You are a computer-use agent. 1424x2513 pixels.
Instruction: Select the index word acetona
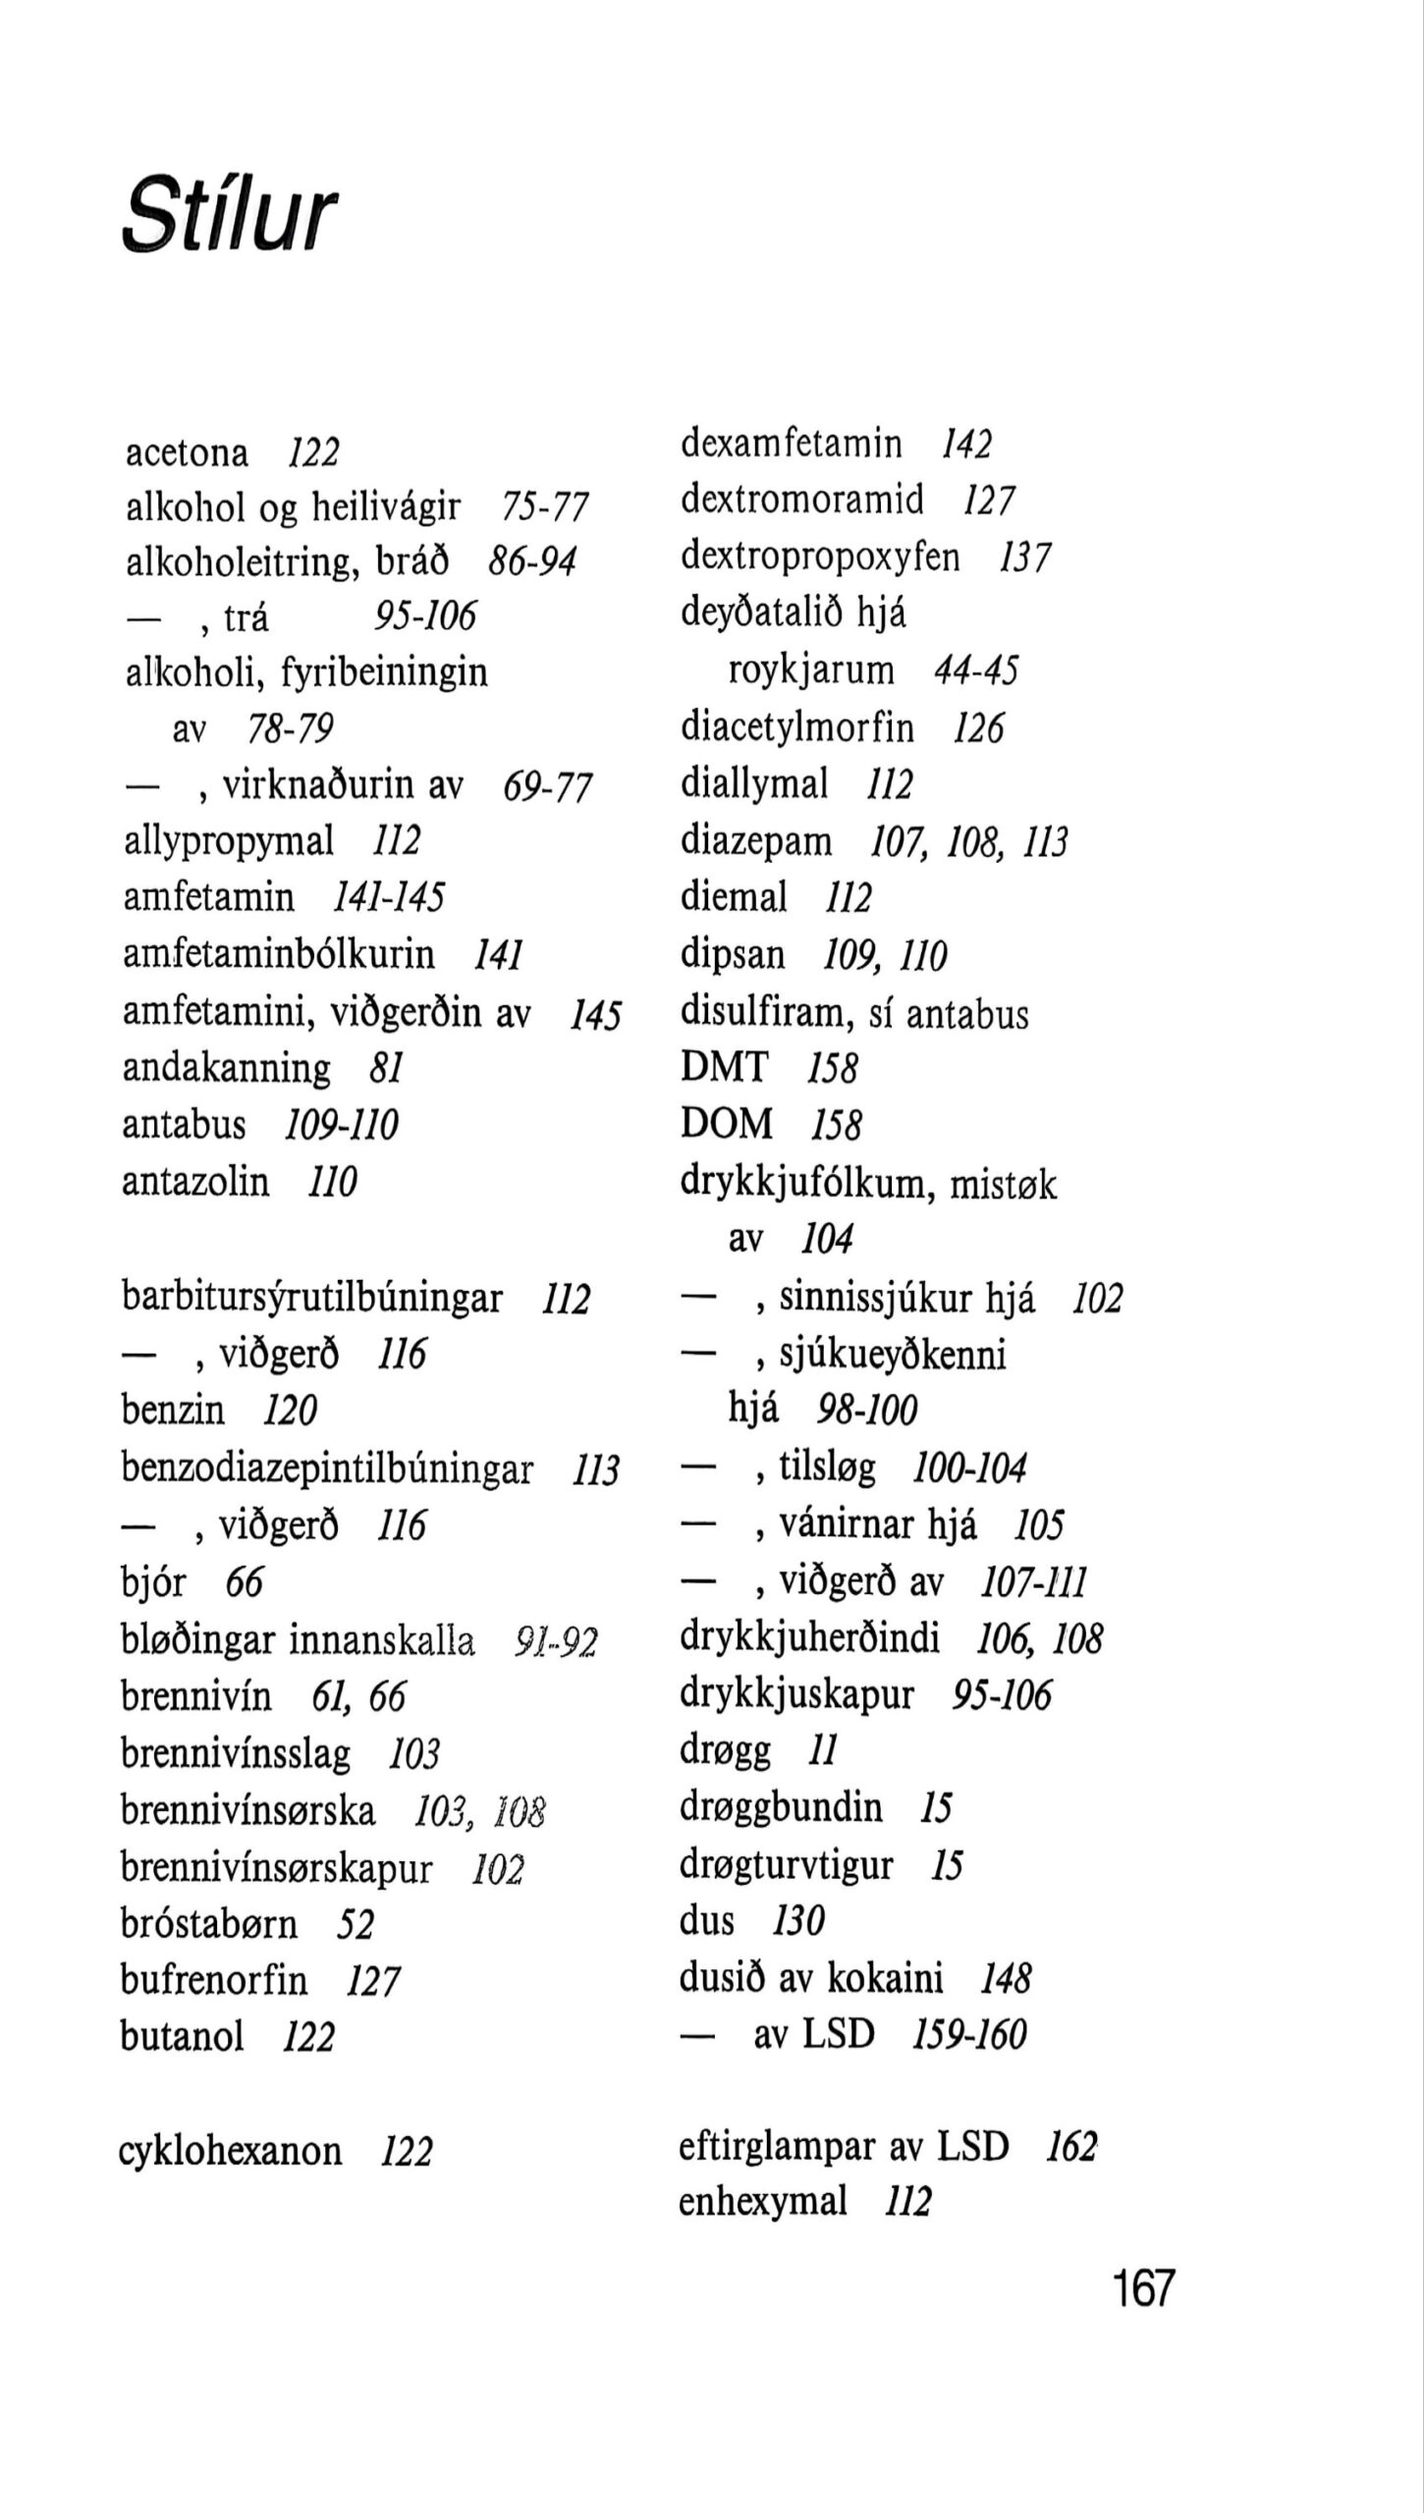[x=187, y=454]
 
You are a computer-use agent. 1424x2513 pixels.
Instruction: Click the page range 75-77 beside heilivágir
[x=544, y=508]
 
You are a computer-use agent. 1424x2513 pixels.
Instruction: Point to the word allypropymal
[x=229, y=841]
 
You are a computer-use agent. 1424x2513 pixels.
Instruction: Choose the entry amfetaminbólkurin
[x=278, y=954]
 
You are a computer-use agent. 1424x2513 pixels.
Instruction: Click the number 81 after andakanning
[x=387, y=1068]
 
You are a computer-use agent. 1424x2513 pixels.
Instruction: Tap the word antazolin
[x=195, y=1181]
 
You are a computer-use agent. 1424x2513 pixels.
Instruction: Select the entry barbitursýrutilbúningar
[x=311, y=1298]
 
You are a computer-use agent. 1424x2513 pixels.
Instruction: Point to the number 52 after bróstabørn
[x=356, y=1924]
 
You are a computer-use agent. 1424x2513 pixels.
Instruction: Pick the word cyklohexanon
[x=230, y=2152]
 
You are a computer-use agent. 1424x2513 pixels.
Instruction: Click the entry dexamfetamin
[x=791, y=444]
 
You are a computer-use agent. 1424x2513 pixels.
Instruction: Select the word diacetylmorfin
[x=796, y=728]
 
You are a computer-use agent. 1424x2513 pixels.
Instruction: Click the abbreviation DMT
[x=725, y=1067]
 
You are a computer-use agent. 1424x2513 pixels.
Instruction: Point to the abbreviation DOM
[x=727, y=1124]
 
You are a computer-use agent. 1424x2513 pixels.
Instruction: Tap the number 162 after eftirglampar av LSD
[x=1070, y=2147]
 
